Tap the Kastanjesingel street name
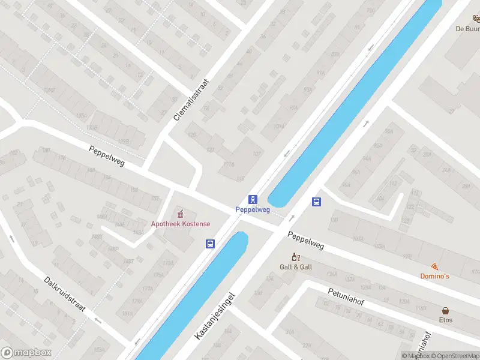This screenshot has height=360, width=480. pyautogui.click(x=214, y=316)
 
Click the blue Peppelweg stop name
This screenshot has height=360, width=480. pyautogui.click(x=252, y=210)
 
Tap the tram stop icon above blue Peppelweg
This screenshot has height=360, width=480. pyautogui.click(x=253, y=199)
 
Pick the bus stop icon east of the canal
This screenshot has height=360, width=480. pyautogui.click(x=316, y=202)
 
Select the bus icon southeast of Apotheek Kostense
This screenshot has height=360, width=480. pyautogui.click(x=210, y=244)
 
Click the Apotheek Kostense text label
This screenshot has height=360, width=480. pyautogui.click(x=181, y=224)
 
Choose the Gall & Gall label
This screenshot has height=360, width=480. pyautogui.click(x=296, y=266)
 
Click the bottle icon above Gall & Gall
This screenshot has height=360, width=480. pyautogui.click(x=296, y=257)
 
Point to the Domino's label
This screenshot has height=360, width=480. pyautogui.click(x=434, y=276)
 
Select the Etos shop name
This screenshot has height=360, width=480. pyautogui.click(x=445, y=320)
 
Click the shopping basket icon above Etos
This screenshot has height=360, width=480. pyautogui.click(x=445, y=311)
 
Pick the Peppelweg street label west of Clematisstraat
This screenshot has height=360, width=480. pyautogui.click(x=107, y=156)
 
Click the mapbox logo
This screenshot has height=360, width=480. pyautogui.click(x=26, y=352)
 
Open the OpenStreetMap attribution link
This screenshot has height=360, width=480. pyautogui.click(x=454, y=356)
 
